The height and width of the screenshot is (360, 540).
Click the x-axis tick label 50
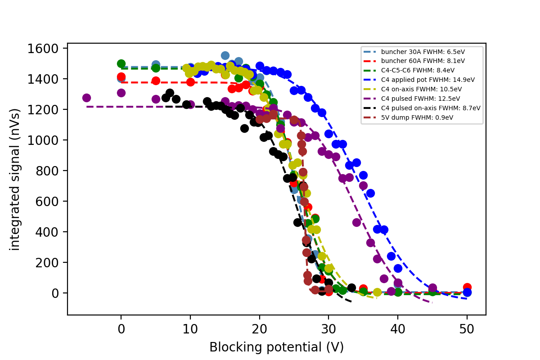[467, 328]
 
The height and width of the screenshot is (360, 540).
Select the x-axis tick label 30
[328, 328]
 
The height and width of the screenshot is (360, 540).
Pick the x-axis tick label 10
[190, 328]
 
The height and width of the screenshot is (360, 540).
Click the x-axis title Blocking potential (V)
[276, 347]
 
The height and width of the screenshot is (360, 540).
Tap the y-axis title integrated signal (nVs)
[15, 179]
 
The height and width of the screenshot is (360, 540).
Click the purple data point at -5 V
[86, 98]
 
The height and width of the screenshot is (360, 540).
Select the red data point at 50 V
[467, 288]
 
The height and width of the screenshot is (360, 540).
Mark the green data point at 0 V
[121, 64]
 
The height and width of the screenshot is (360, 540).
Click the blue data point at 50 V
[467, 292]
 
